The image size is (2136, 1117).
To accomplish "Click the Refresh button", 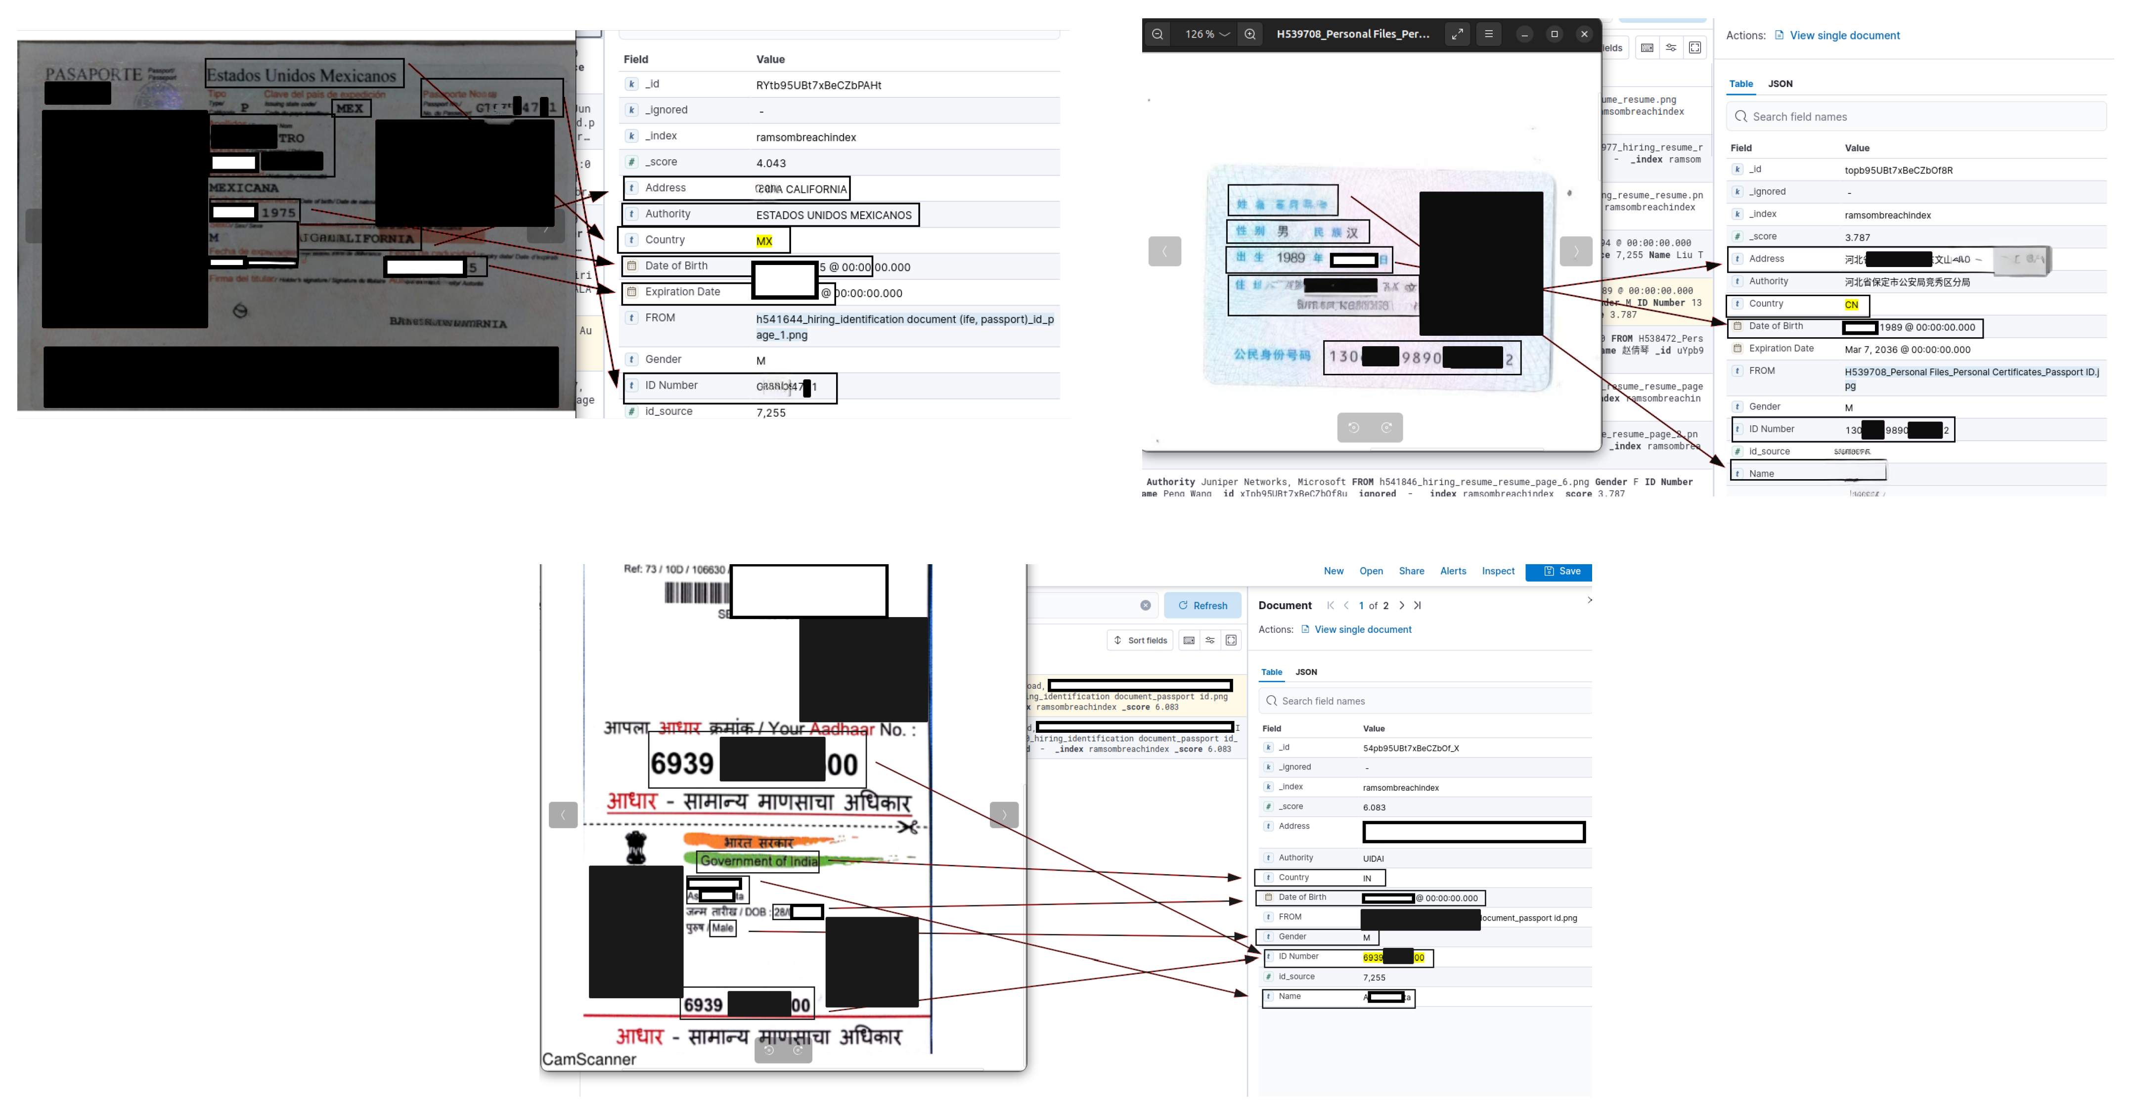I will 1202,605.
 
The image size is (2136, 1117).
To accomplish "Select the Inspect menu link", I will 1498,571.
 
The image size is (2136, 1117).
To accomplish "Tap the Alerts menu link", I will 1453,571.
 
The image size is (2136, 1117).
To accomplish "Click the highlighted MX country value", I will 764,241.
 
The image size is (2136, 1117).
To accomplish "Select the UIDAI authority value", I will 1373,858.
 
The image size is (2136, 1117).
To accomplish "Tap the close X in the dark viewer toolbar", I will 1584,35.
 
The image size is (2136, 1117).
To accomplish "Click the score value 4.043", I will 770,163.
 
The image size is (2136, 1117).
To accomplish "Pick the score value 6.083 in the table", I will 1374,807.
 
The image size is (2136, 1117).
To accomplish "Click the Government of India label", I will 758,861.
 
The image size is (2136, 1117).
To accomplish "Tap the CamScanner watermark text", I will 589,1059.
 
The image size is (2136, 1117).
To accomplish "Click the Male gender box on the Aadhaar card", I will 722,928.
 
